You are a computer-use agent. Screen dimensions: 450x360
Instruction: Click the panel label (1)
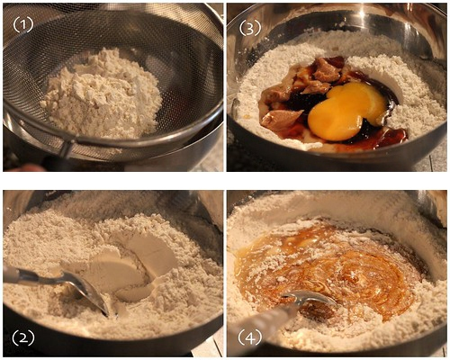pos(23,26)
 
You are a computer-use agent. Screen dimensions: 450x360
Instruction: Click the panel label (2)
pos(23,338)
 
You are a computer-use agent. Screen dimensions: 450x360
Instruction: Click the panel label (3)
pos(250,28)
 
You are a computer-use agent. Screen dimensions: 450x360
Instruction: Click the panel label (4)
pos(249,338)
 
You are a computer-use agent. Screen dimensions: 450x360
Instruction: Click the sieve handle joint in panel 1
pos(68,147)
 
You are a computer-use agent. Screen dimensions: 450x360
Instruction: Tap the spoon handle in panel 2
pos(33,276)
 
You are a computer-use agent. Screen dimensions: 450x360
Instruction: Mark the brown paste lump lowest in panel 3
pos(281,120)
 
